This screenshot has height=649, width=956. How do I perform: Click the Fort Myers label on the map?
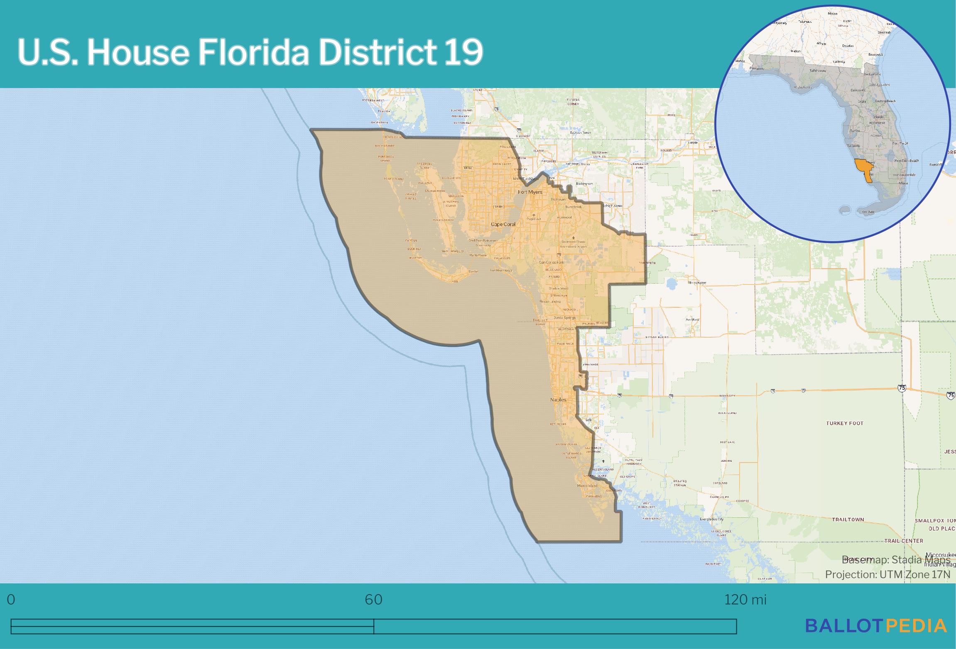tap(530, 192)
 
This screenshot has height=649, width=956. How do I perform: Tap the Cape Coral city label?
tap(503, 224)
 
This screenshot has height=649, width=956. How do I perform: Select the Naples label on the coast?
tap(558, 399)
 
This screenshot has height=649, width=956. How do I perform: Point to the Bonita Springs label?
tap(564, 318)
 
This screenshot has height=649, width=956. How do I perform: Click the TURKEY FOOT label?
tap(844, 424)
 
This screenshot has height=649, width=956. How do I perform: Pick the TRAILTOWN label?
tap(848, 519)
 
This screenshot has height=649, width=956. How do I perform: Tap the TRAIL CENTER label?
tap(904, 541)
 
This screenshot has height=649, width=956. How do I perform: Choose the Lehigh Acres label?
tap(612, 206)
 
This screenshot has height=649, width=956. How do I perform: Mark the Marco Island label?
tap(587, 486)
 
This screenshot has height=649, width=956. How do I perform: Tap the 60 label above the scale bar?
tap(373, 600)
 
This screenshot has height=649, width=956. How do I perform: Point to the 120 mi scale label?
tap(745, 600)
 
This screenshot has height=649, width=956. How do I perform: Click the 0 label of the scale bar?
tap(11, 600)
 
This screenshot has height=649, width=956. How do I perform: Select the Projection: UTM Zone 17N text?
tap(887, 574)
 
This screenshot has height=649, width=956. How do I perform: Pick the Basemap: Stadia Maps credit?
tap(896, 559)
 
